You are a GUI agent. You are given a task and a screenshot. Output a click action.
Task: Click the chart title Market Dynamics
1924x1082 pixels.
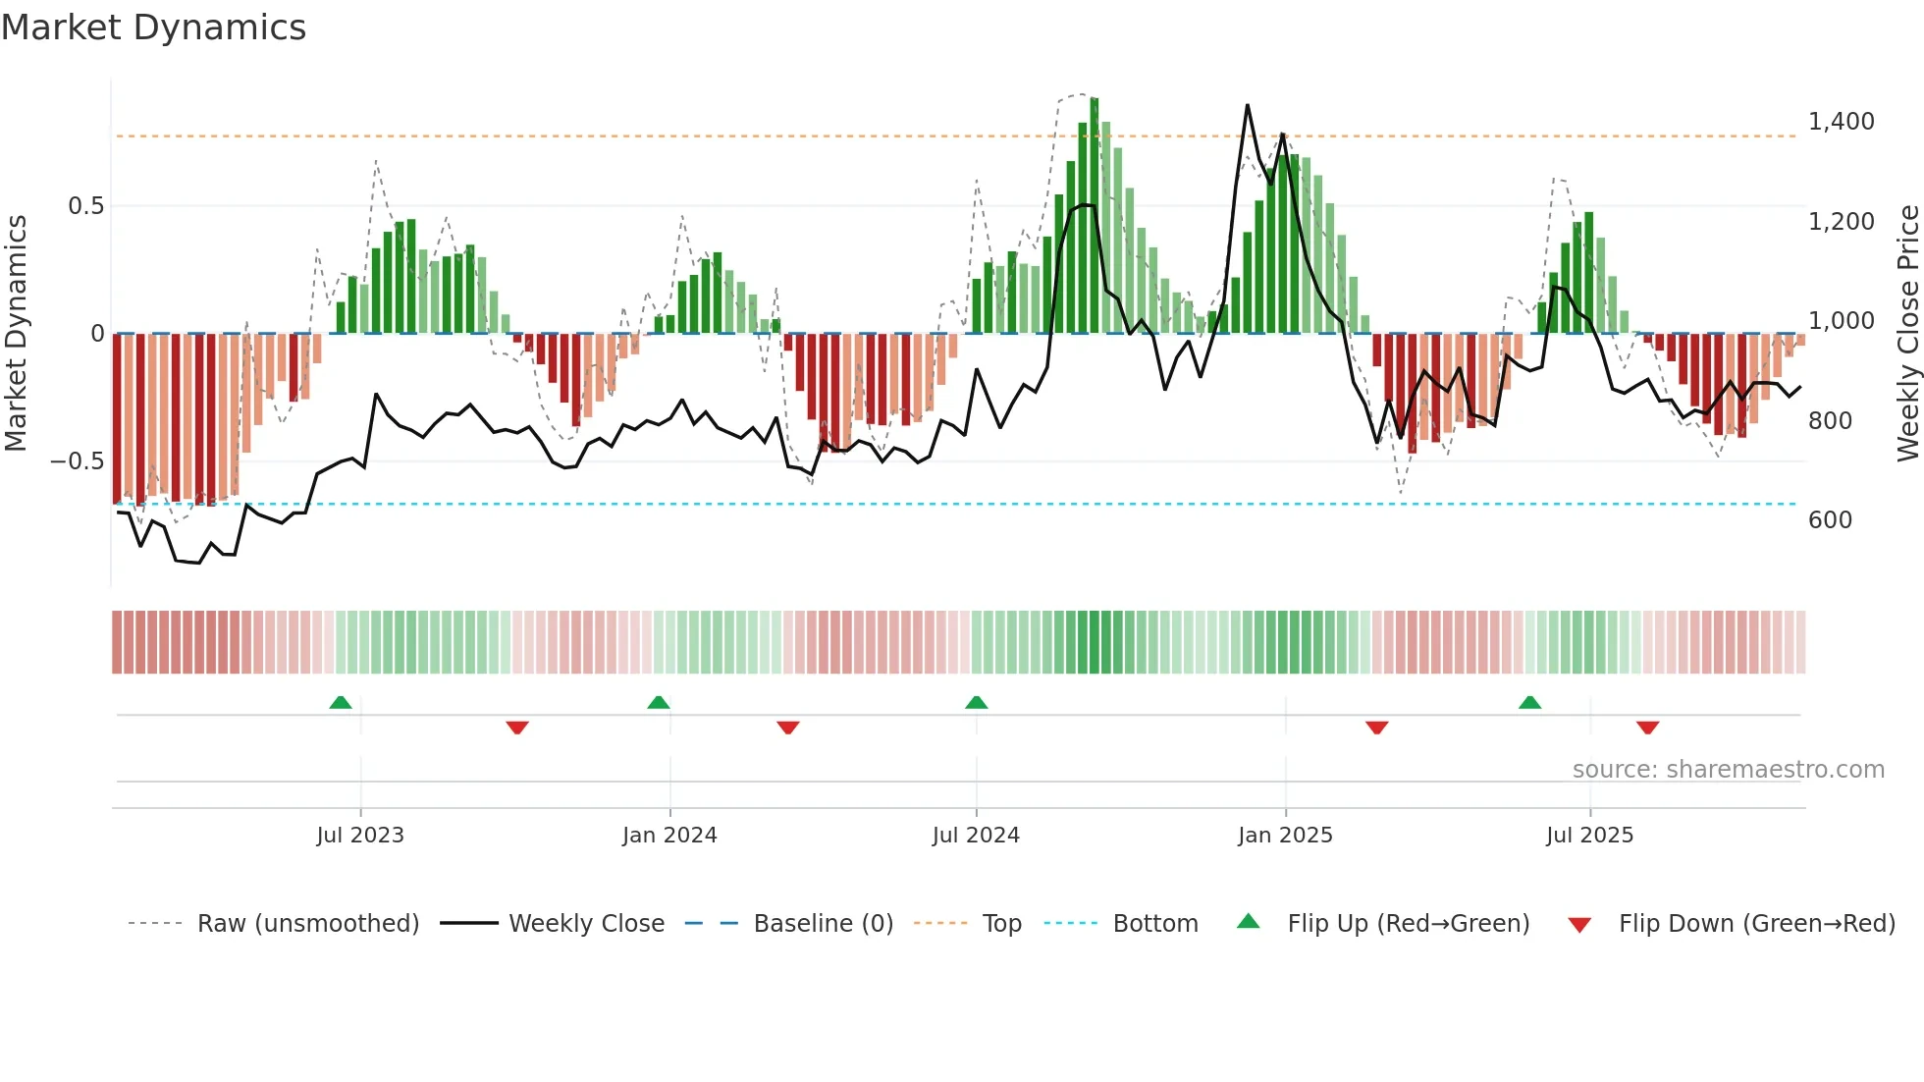point(153,27)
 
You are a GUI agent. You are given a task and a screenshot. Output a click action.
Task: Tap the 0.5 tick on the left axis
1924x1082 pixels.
point(85,206)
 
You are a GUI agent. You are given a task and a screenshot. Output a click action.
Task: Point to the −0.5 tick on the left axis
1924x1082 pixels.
point(78,461)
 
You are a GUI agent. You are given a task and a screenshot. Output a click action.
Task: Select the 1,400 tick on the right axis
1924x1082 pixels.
point(1841,122)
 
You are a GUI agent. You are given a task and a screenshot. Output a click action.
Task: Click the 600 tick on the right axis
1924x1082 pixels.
point(1830,520)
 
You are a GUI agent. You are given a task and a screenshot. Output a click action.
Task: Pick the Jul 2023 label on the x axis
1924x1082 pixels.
point(360,836)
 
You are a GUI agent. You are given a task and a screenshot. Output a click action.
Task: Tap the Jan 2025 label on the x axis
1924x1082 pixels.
point(1285,836)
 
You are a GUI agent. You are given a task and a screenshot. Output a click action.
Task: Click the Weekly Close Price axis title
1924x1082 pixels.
point(1907,333)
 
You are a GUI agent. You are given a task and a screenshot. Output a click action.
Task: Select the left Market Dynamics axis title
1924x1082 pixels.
point(16,333)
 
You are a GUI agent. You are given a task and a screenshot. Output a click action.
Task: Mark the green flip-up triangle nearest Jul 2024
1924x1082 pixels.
point(976,703)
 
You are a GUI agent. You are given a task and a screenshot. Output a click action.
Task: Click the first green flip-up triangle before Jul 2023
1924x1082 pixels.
point(341,703)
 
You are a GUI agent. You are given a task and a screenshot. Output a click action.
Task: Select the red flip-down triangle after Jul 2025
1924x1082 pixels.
point(1647,728)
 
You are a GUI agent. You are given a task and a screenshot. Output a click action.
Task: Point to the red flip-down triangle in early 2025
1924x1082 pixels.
point(1376,728)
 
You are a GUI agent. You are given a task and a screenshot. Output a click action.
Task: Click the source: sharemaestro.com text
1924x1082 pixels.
point(1728,770)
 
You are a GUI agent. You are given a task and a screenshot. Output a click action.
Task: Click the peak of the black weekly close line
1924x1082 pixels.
point(1248,105)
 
